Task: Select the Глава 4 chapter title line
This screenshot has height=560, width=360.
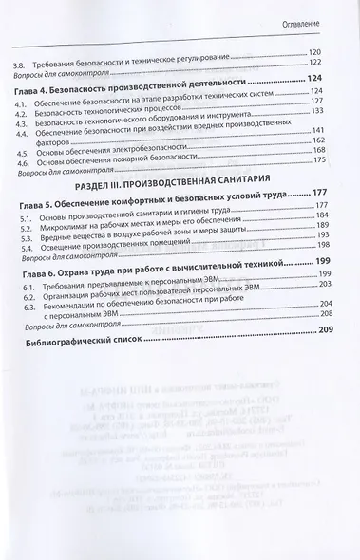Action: (132, 80)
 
